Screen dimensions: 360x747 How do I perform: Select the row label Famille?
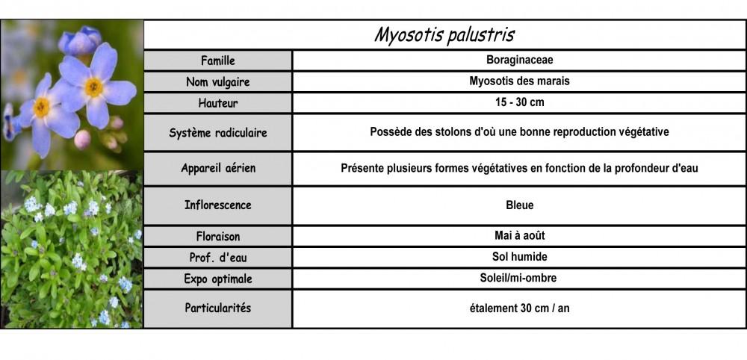coord(218,60)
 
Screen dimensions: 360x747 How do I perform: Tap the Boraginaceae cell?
coord(518,60)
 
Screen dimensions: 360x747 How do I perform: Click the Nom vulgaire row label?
coord(218,81)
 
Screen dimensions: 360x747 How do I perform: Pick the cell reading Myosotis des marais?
coord(518,81)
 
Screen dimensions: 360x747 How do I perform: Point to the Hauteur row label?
coord(218,103)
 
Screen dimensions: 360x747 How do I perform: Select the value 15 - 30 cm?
coord(518,102)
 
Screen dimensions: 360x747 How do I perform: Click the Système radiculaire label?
coord(218,133)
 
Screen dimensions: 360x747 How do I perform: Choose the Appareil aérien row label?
coord(218,168)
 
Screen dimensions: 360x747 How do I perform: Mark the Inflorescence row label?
coord(218,205)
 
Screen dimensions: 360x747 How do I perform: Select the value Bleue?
coord(519,205)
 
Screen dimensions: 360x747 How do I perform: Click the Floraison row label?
coord(218,236)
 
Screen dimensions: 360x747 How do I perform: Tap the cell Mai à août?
coord(519,235)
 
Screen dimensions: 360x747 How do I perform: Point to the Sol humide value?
coord(519,257)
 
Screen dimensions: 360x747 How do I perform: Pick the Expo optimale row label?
coord(218,279)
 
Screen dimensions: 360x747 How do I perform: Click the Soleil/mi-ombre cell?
coord(519,278)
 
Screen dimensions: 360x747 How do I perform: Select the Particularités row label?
coord(218,308)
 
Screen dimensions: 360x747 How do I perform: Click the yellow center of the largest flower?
coord(94,87)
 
